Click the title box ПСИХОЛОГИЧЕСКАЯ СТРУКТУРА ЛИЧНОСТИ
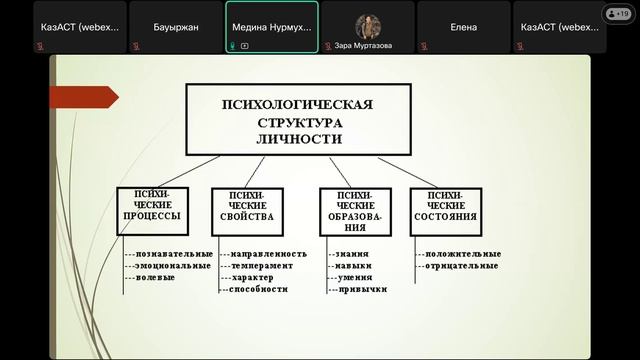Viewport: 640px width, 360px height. [298, 120]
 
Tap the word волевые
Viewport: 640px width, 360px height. [154, 277]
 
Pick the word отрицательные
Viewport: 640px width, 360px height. [461, 266]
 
